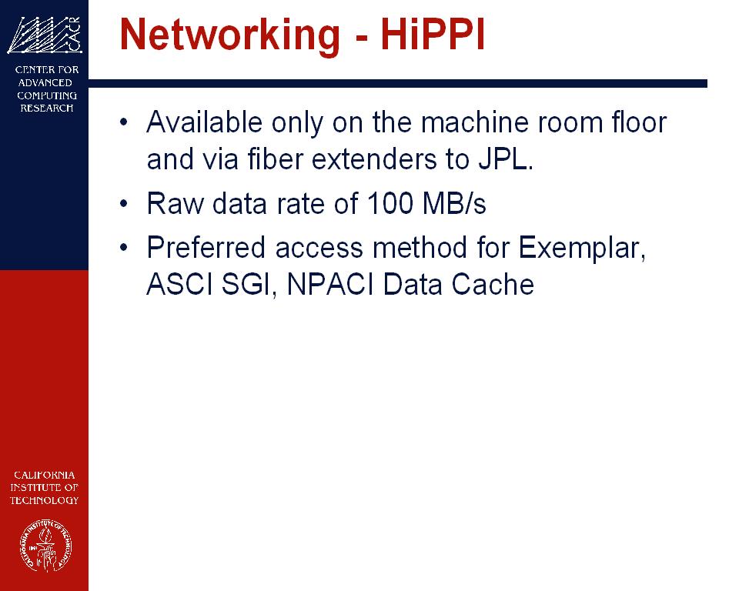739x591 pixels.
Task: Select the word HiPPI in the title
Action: pyautogui.click(x=433, y=34)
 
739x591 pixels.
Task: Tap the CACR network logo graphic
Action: pyautogui.click(x=45, y=35)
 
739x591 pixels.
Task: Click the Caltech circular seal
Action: pyautogui.click(x=45, y=546)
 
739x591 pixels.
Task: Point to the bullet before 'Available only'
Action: pyautogui.click(x=123, y=122)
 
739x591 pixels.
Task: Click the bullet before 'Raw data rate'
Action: pyautogui.click(x=123, y=204)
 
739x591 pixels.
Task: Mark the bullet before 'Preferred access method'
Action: pyautogui.click(x=123, y=248)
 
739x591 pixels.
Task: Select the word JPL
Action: pyautogui.click(x=506, y=159)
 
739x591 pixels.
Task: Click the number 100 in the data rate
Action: pyautogui.click(x=390, y=204)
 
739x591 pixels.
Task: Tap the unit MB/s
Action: pyautogui.click(x=454, y=204)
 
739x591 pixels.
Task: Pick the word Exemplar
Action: pyautogui.click(x=582, y=248)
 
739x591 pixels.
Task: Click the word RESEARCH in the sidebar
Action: pyautogui.click(x=47, y=108)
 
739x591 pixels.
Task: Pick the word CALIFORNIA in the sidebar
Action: pyautogui.click(x=45, y=475)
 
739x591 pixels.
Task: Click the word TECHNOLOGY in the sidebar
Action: pyautogui.click(x=45, y=500)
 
